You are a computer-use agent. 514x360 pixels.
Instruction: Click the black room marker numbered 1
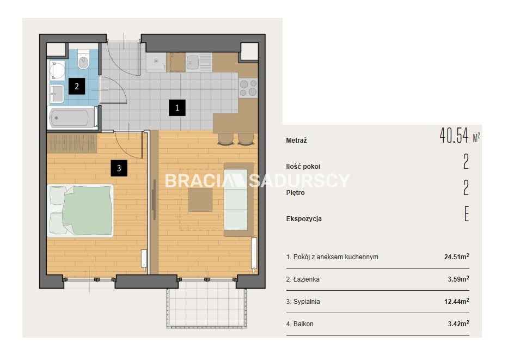pyautogui.click(x=177, y=108)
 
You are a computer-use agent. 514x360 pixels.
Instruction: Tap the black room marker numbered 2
pyautogui.click(x=77, y=86)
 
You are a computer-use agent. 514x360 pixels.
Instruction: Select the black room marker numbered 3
pyautogui.click(x=119, y=168)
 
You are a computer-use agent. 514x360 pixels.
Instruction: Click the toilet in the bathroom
pyautogui.click(x=84, y=59)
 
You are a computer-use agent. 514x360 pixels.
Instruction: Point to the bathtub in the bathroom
pyautogui.click(x=72, y=118)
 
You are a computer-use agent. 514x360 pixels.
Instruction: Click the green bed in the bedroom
pyautogui.click(x=81, y=210)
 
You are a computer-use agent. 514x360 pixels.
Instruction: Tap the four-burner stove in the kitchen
pyautogui.click(x=248, y=88)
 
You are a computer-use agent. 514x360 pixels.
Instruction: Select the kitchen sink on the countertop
pyautogui.click(x=198, y=62)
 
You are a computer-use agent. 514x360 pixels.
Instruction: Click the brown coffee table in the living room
pyautogui.click(x=200, y=200)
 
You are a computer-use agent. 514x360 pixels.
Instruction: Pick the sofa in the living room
pyautogui.click(x=238, y=199)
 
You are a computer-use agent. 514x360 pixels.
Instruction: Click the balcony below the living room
pyautogui.click(x=206, y=308)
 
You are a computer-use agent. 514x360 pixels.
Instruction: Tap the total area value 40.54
pyautogui.click(x=454, y=136)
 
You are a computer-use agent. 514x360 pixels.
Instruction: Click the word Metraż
pyautogui.click(x=296, y=141)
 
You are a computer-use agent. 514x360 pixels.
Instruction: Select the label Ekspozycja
pyautogui.click(x=304, y=219)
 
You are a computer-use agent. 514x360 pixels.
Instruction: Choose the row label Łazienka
pyautogui.click(x=306, y=279)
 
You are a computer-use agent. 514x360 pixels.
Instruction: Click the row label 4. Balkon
pyautogui.click(x=299, y=324)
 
